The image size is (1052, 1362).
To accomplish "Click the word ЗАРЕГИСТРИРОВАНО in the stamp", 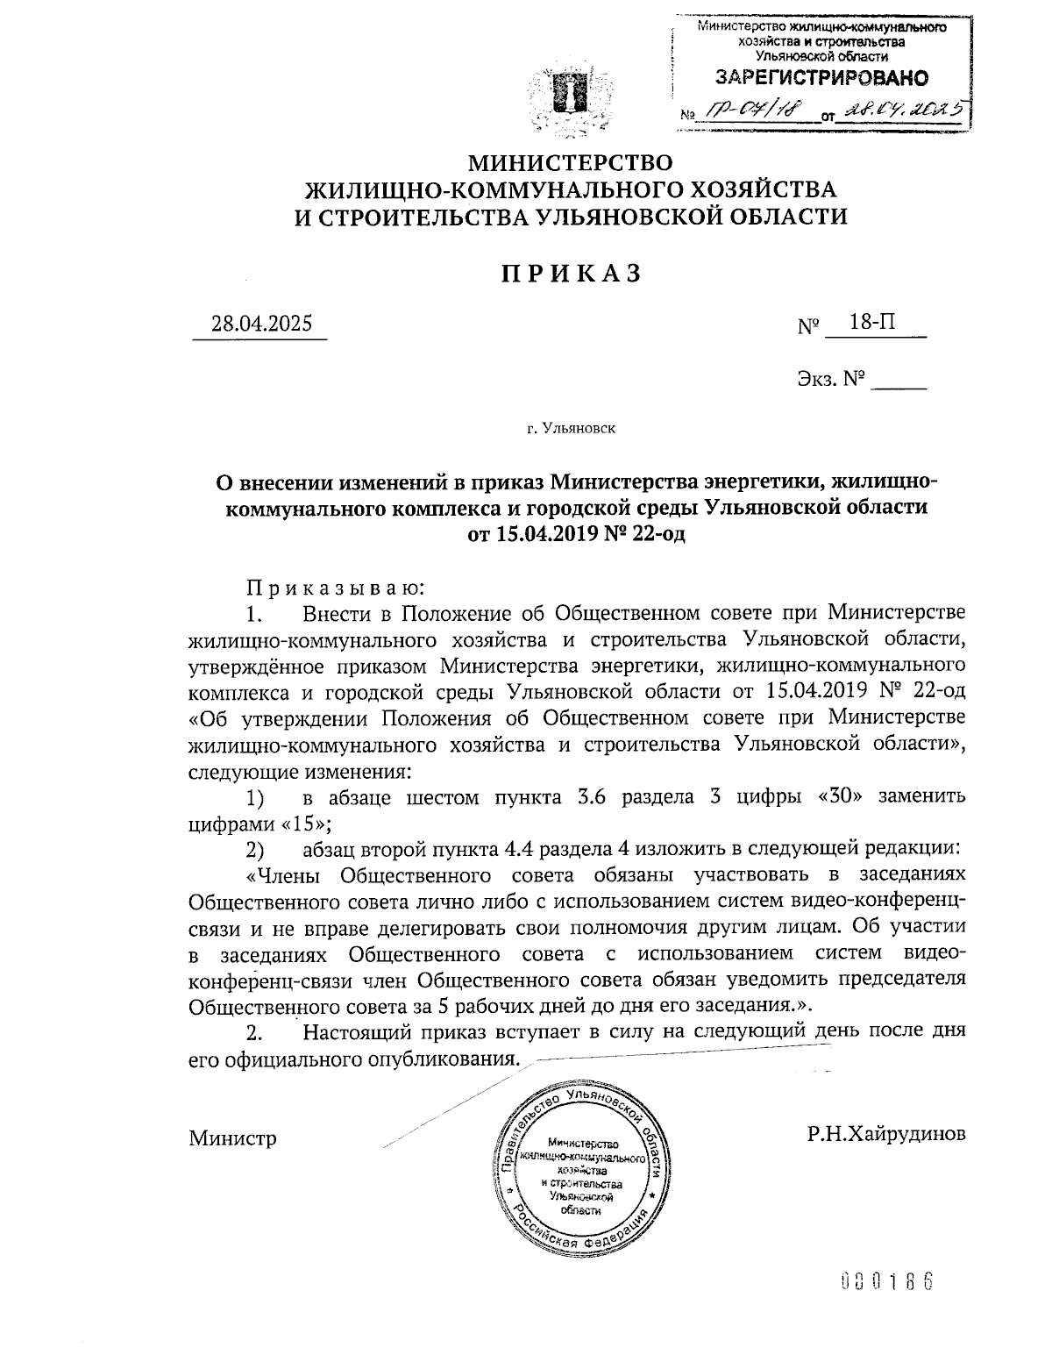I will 821,78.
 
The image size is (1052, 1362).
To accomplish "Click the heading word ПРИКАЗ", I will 571,274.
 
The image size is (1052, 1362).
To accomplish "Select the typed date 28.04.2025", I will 260,324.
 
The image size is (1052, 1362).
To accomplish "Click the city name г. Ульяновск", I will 571,429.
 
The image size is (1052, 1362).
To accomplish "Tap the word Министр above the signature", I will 232,1138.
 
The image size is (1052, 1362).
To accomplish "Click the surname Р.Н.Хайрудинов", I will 886,1133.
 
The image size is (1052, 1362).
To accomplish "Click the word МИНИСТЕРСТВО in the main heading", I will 571,163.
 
